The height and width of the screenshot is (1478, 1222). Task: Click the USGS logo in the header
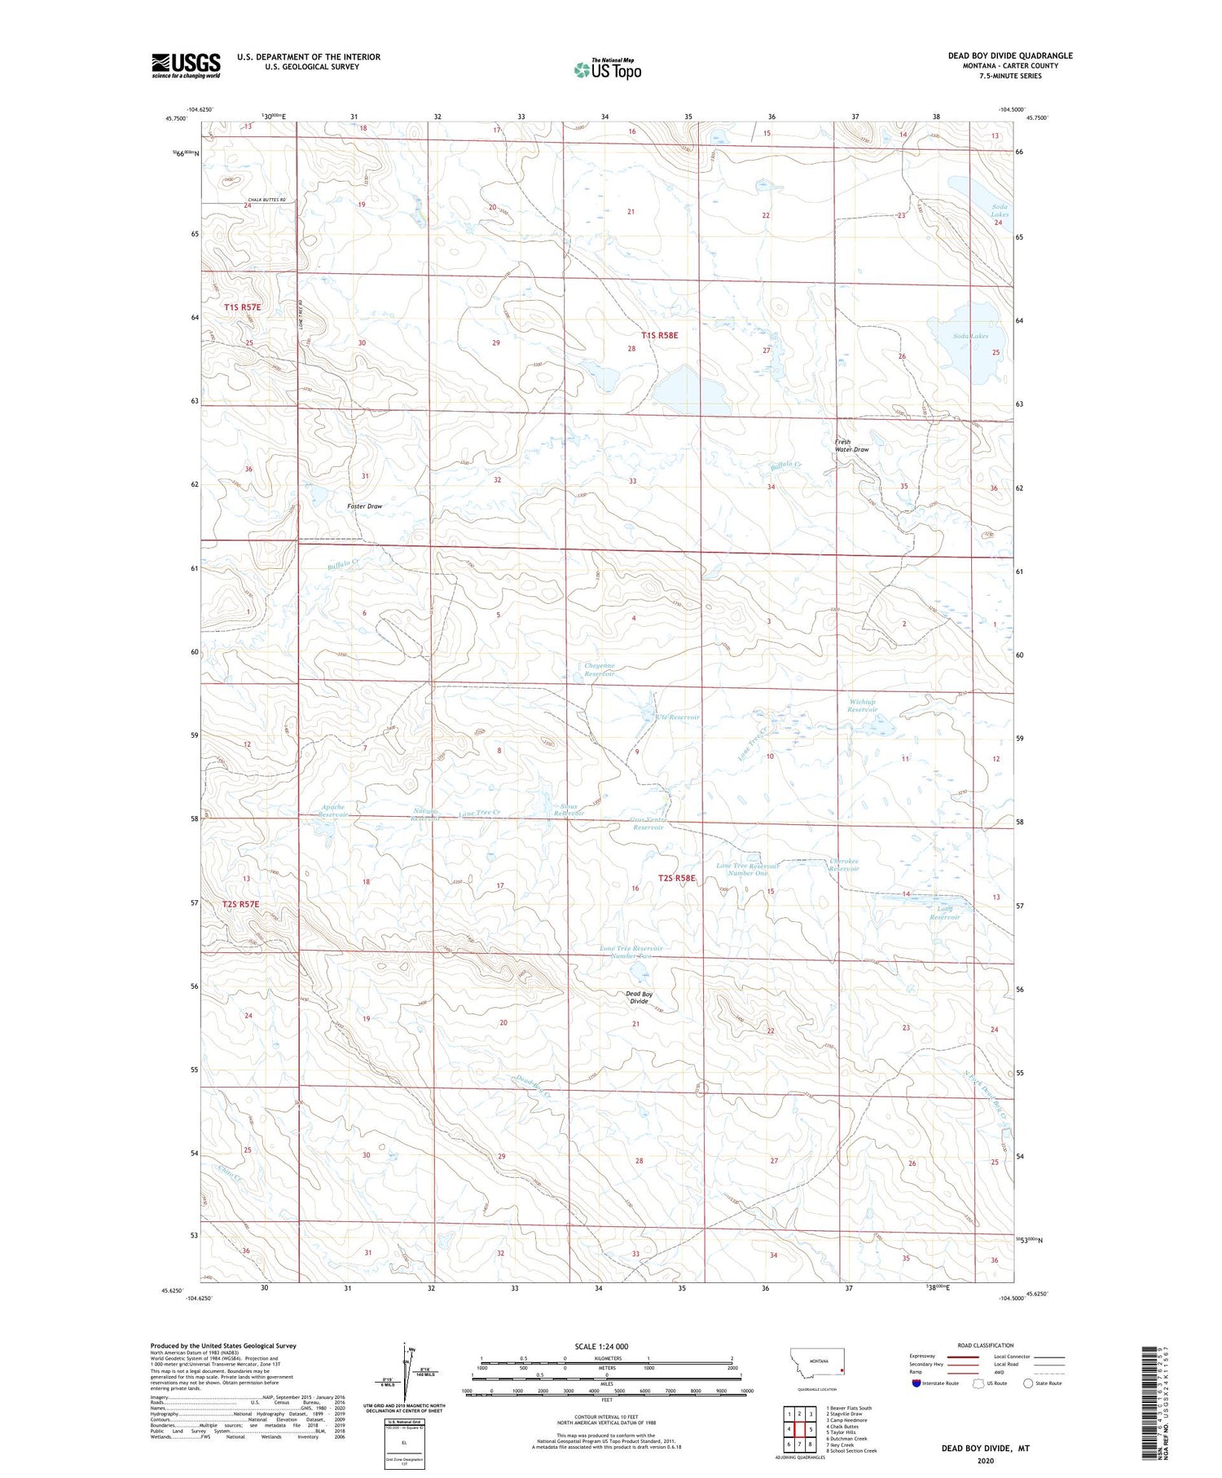click(x=186, y=65)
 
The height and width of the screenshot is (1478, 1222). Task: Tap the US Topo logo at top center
click(x=608, y=69)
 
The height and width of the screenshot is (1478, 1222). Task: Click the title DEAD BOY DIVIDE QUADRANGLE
click(x=1009, y=55)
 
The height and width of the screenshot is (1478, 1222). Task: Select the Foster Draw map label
click(x=364, y=506)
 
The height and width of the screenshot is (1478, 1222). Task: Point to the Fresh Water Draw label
click(x=851, y=446)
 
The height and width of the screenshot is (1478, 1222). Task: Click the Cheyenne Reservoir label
click(x=600, y=670)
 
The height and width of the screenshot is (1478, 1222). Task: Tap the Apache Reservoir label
click(x=333, y=810)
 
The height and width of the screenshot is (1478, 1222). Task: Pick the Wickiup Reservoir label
click(x=862, y=705)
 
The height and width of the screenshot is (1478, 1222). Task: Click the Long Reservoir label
click(x=945, y=913)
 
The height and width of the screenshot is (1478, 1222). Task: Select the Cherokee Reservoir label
click(x=844, y=865)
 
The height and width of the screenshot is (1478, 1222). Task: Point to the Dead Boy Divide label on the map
click(x=639, y=997)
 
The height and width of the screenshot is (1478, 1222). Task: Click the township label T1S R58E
click(x=659, y=335)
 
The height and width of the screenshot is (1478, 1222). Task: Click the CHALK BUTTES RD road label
click(x=266, y=200)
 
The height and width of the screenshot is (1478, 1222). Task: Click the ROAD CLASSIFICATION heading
click(x=985, y=1345)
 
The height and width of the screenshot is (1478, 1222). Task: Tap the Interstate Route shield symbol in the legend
click(x=916, y=1383)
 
